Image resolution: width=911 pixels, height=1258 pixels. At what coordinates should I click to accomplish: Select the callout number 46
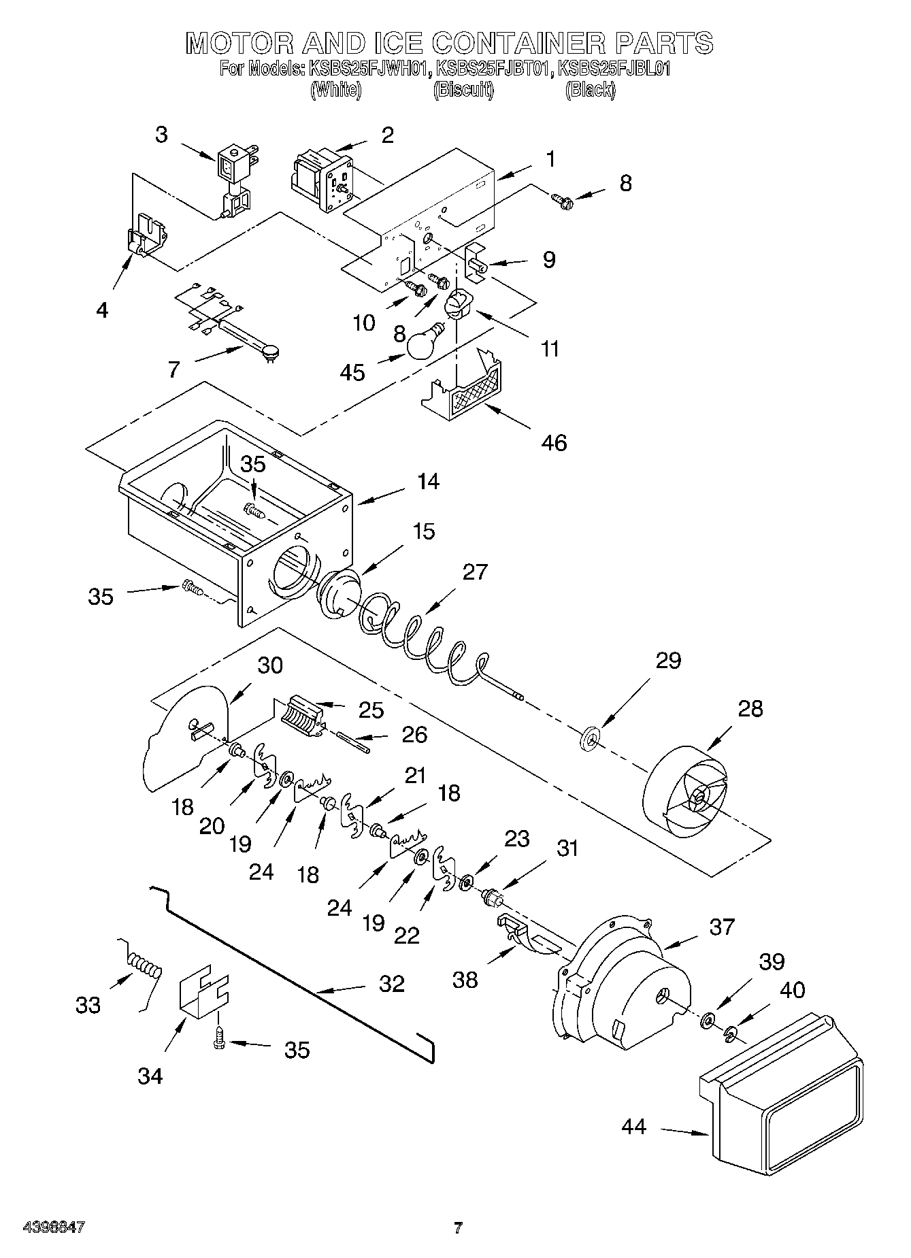point(554,443)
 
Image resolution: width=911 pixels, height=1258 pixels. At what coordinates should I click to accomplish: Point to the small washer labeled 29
point(590,738)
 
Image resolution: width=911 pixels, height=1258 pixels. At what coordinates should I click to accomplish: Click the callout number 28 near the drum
point(750,708)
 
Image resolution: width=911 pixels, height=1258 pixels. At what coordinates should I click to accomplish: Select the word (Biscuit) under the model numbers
point(463,90)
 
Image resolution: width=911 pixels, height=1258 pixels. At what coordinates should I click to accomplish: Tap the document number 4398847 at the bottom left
point(54,1227)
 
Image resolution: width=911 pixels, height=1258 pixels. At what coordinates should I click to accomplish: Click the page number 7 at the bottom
point(458,1228)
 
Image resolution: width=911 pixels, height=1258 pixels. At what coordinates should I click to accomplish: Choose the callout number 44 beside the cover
point(633,1127)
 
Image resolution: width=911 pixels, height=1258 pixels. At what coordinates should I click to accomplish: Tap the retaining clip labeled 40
point(730,1034)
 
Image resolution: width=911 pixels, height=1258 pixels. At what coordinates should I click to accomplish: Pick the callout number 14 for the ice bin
point(428,482)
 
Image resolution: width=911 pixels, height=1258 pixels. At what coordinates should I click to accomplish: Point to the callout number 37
point(722,926)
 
